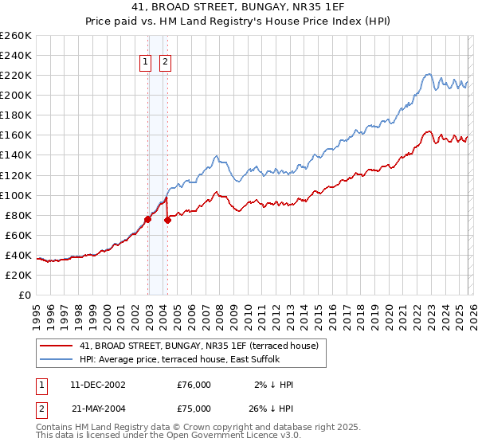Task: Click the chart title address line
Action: pos(239,7)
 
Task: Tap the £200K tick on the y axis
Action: pos(16,95)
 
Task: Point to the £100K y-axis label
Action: pos(16,195)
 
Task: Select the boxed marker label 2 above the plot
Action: pos(165,63)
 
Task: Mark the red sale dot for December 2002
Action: pos(148,219)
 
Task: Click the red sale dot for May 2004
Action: pos(167,220)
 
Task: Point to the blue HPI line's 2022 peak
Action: pos(428,75)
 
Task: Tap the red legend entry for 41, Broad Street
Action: pos(199,346)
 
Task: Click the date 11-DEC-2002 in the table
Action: pos(98,385)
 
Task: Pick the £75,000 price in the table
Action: pos(194,409)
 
